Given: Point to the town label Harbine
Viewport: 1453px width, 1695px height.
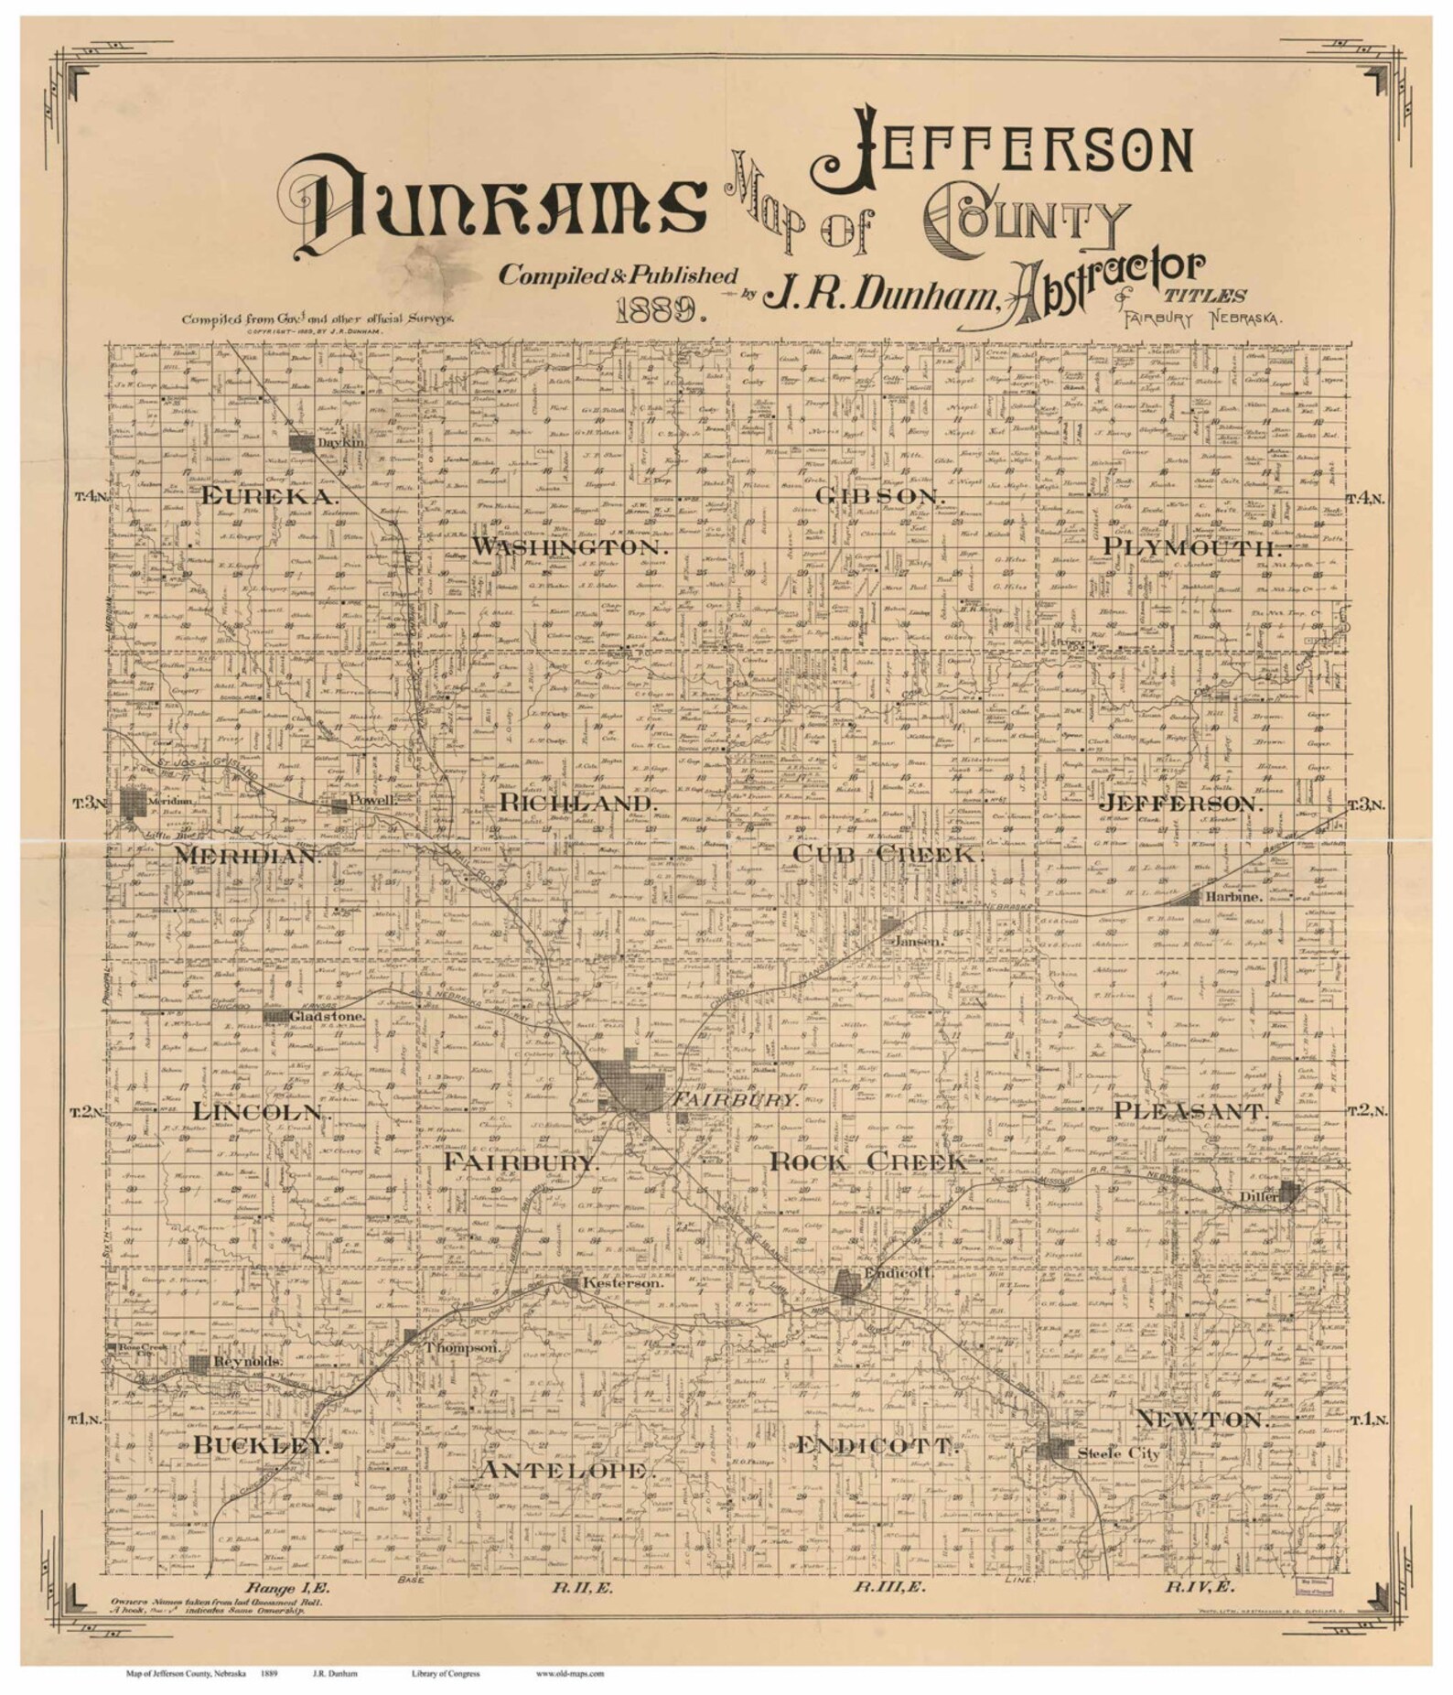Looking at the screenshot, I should pyautogui.click(x=1232, y=898).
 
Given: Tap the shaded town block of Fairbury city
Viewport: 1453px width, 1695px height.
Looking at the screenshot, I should pyautogui.click(x=630, y=1085).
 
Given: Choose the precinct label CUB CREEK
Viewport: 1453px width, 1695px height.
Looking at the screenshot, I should pyautogui.click(x=887, y=854).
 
